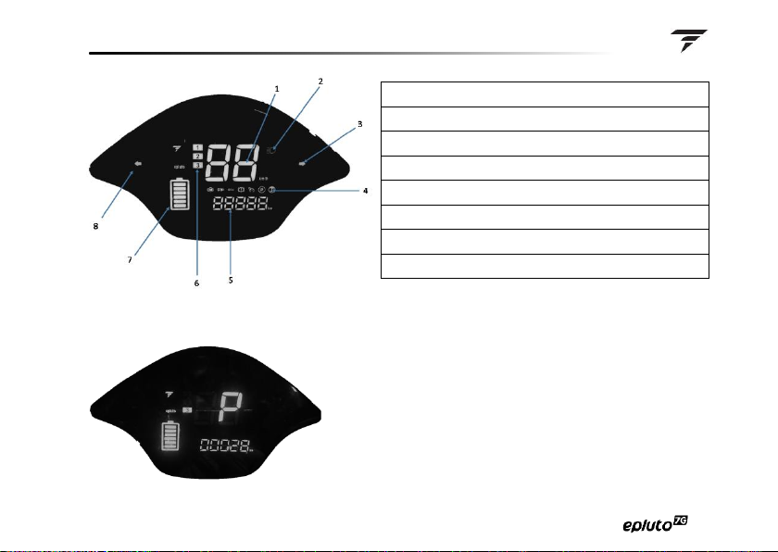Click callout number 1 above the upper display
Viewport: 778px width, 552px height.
pos(276,88)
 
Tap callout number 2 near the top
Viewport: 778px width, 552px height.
pos(320,81)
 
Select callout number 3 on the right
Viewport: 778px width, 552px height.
pos(359,123)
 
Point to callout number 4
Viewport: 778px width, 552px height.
pos(367,192)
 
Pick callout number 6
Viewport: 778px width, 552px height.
pos(196,282)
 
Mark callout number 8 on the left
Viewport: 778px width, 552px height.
pos(95,226)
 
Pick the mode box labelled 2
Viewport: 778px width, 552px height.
pos(197,157)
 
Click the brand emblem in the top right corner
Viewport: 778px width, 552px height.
pos(689,40)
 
